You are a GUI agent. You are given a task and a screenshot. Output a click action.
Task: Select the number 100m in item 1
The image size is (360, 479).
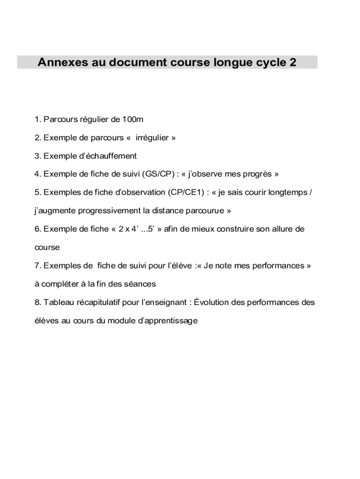coord(133,120)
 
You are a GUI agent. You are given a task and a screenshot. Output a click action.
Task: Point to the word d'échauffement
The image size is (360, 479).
coord(111,156)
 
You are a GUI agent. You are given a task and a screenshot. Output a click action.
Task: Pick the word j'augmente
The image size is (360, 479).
coord(55,211)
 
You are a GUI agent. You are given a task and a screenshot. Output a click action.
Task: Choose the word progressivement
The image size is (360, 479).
coord(109,211)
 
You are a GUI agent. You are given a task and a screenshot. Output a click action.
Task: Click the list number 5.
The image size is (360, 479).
coord(37,193)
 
